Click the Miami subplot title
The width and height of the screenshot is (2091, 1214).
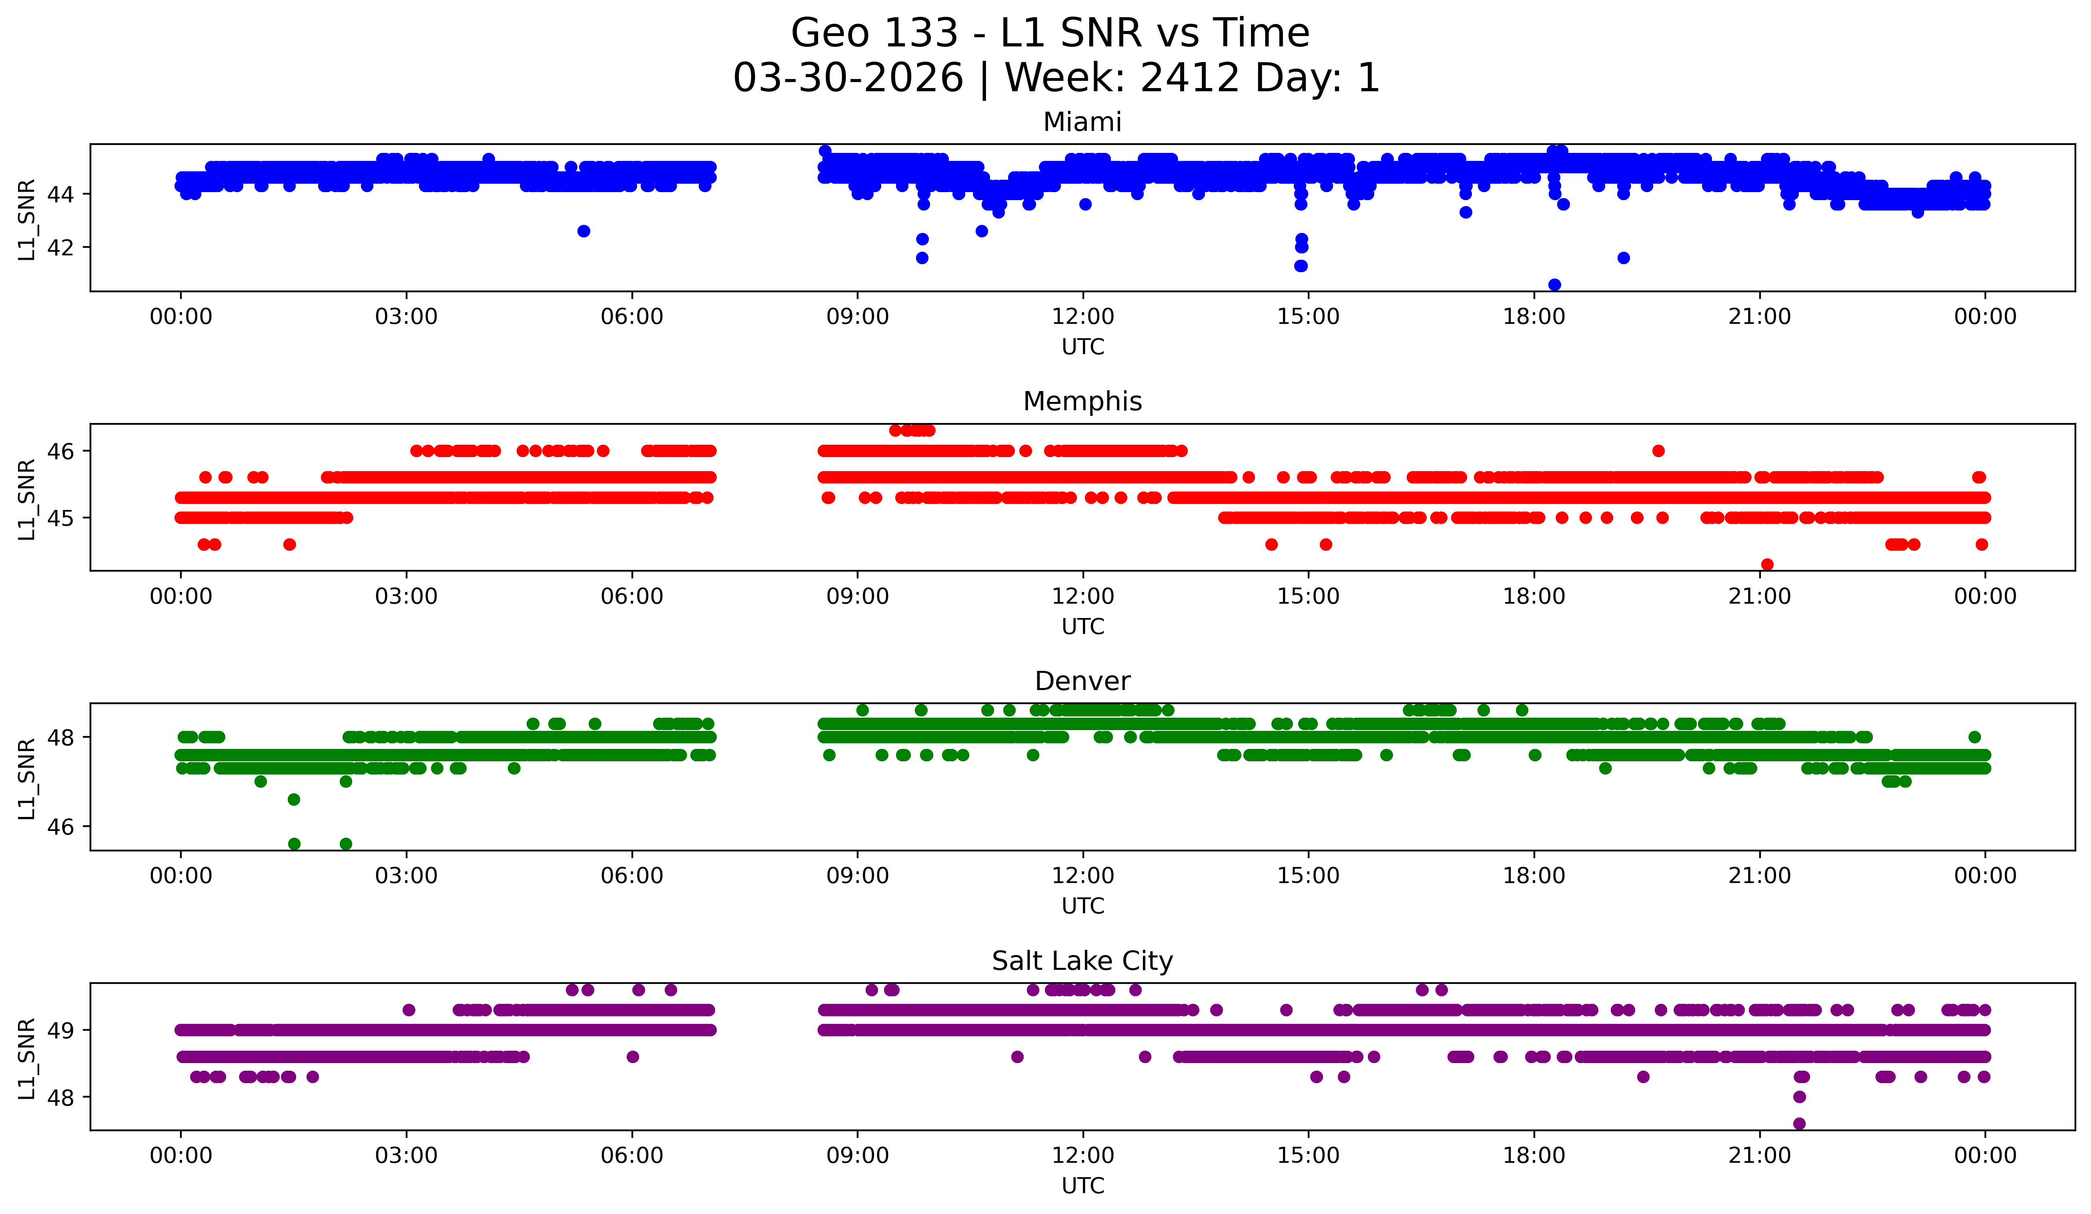point(1082,122)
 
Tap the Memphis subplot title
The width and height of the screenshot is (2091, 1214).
point(1082,401)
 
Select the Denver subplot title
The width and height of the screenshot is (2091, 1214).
point(1082,681)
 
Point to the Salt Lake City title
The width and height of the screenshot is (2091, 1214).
point(1082,961)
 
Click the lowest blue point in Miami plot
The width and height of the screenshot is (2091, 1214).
point(1554,285)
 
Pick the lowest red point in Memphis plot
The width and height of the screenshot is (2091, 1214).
point(1767,564)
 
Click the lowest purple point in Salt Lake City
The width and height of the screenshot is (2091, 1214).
point(1799,1124)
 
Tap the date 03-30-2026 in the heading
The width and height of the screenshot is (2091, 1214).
point(848,78)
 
